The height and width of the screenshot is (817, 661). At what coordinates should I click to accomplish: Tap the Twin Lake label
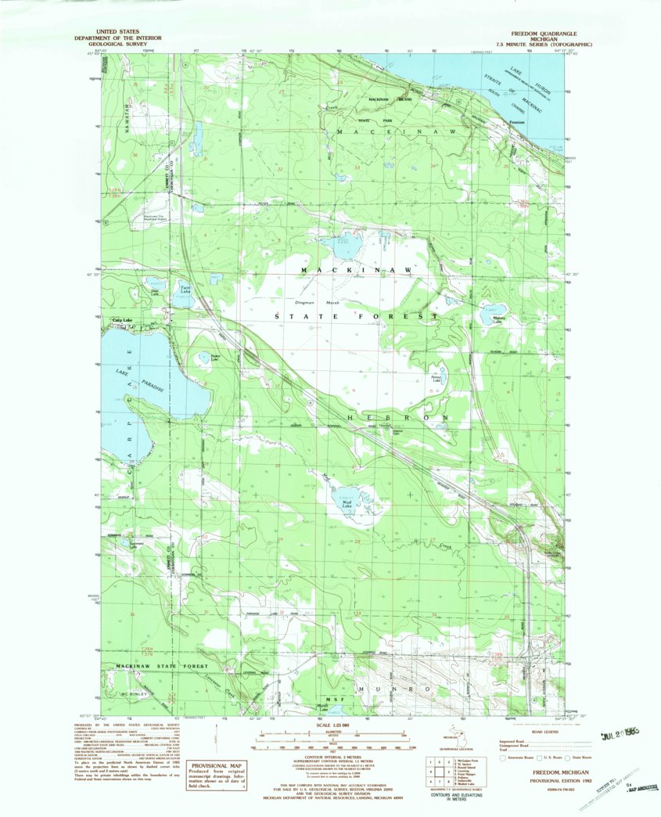186,290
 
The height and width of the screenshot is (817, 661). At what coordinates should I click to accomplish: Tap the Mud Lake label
347,504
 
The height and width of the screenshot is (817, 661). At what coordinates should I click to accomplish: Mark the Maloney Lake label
498,320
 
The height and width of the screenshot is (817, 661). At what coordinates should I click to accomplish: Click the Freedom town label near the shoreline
517,122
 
